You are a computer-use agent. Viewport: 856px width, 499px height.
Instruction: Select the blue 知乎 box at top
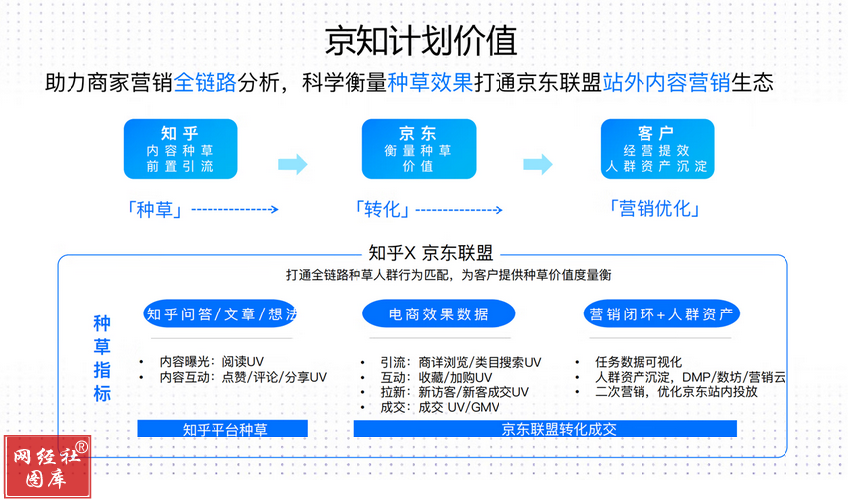tap(181, 149)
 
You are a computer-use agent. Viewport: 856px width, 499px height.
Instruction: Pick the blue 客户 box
tap(656, 149)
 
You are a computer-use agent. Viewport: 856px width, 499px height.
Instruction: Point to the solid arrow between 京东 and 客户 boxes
tap(537, 164)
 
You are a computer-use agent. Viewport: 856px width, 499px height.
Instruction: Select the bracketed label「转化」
tap(382, 209)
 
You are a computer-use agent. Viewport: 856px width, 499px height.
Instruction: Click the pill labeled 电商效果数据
tap(438, 314)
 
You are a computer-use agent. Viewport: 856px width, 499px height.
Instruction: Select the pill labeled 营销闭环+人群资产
tap(661, 314)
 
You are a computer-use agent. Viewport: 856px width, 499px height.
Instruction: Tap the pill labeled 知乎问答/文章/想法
tap(220, 314)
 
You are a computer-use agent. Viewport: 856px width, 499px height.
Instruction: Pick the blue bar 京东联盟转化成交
tap(544, 429)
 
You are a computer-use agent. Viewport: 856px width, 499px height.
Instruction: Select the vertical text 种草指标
tap(101, 358)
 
